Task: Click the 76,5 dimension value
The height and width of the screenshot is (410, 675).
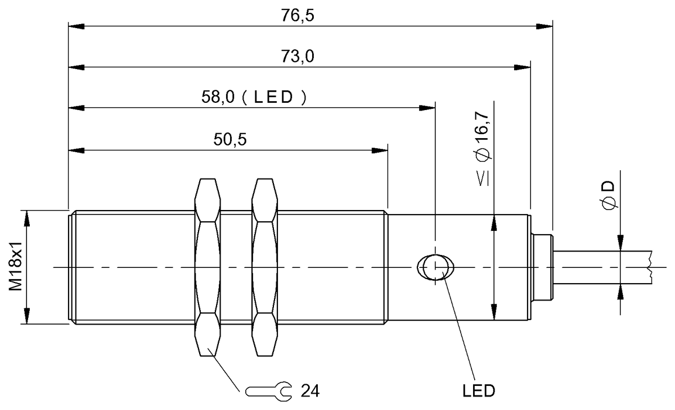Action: (298, 15)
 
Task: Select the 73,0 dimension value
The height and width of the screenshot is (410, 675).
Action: (298, 57)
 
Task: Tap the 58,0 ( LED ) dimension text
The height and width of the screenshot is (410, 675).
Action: (254, 97)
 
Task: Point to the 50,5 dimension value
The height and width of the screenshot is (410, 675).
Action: (230, 140)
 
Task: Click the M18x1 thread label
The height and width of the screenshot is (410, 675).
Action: (16, 267)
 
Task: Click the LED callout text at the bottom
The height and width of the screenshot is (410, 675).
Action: (478, 391)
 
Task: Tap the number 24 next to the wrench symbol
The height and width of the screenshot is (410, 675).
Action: (309, 391)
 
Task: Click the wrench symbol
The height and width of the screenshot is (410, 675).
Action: (269, 391)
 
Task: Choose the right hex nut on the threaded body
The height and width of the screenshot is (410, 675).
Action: (265, 267)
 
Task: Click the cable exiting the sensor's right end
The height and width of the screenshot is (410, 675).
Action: (602, 267)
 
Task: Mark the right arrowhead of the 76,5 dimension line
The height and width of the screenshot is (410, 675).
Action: (546, 26)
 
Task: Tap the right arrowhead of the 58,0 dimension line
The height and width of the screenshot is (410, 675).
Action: (428, 107)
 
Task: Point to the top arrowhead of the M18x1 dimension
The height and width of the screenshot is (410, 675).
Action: (26, 217)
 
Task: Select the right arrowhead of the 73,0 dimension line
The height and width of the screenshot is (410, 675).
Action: (523, 67)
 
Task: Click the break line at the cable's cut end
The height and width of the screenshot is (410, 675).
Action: (649, 267)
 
